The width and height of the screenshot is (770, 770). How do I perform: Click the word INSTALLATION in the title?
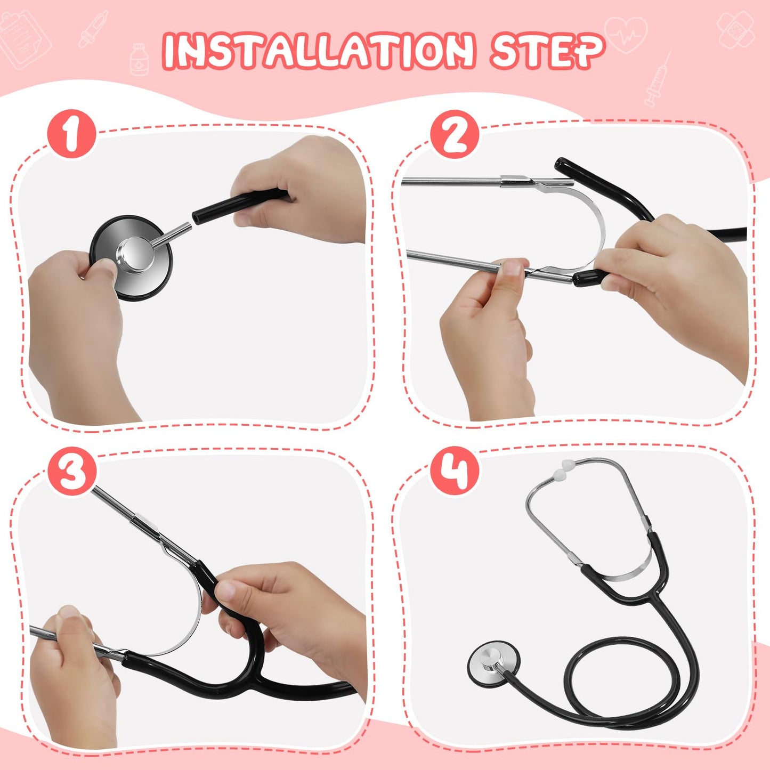[318, 51]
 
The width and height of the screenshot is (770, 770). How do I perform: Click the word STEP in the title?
[547, 50]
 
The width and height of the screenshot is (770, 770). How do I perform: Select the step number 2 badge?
[455, 134]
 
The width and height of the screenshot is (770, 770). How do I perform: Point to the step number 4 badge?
[455, 471]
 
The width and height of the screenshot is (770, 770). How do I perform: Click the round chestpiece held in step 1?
[131, 257]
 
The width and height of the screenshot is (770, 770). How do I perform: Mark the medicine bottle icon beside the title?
[139, 59]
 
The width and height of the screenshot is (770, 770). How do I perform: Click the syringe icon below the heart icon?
[658, 80]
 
